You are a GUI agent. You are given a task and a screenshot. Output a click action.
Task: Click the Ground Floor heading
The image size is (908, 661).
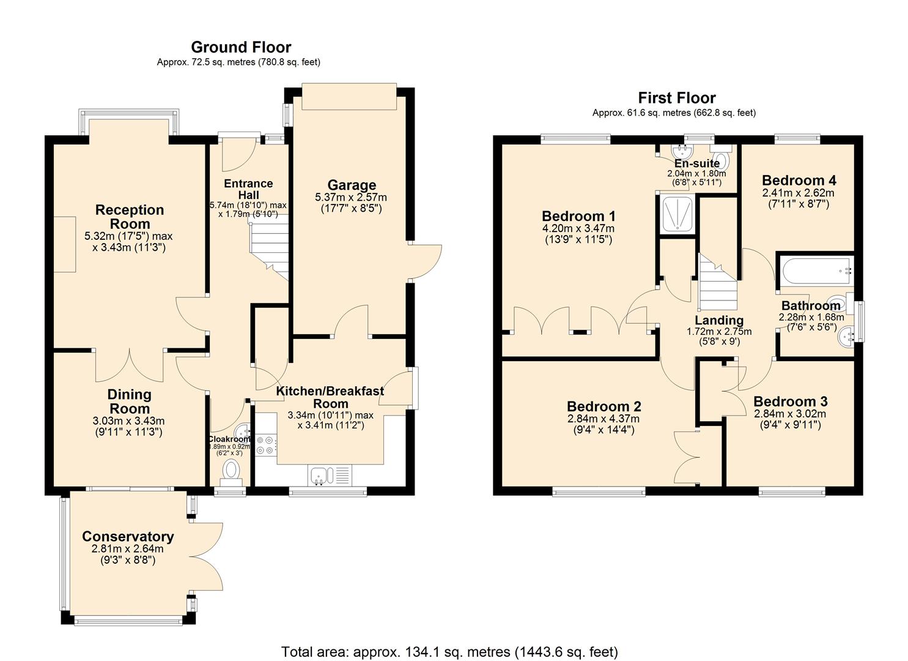[241, 47]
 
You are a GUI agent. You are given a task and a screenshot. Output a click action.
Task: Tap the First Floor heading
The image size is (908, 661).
[676, 98]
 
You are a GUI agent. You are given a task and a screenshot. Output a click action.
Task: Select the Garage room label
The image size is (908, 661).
[352, 185]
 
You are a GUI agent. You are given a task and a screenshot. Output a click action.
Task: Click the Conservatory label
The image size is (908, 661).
[128, 537]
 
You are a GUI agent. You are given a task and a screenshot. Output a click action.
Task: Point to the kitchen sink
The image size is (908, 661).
[322, 474]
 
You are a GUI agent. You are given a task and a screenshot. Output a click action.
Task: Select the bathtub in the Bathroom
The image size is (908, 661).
[814, 270]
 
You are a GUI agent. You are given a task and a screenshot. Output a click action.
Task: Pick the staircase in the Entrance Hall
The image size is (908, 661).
[268, 248]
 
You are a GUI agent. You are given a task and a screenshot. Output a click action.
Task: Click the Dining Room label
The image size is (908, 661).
[129, 401]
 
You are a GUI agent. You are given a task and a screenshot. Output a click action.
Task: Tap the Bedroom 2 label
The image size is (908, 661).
[603, 407]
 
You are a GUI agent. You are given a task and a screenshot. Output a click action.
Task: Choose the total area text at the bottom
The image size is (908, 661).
[449, 652]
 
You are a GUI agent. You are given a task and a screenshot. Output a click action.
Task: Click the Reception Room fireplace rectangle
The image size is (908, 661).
[64, 244]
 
